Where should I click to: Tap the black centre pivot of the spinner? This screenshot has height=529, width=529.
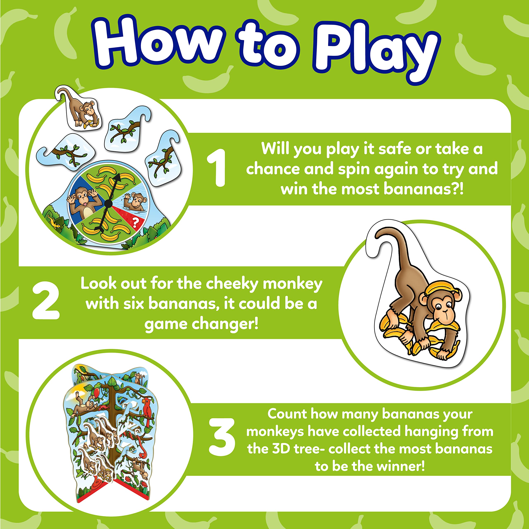tap(108, 203)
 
